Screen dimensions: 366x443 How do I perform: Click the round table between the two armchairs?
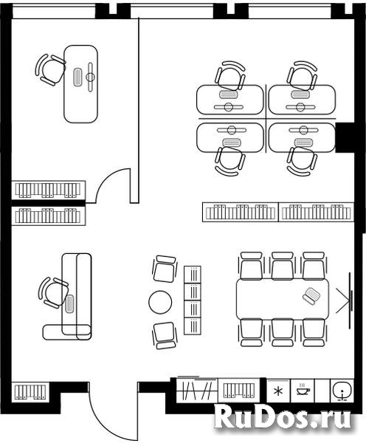tap(160, 302)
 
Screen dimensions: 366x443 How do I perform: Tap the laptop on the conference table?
tap(311, 296)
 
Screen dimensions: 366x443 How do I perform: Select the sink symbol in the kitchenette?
tap(342, 391)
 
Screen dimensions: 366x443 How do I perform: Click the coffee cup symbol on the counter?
tap(303, 390)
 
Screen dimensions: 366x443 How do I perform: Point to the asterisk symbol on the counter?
tap(278, 391)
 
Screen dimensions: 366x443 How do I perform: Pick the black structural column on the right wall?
tap(345, 138)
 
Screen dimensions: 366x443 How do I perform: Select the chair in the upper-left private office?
tap(50, 70)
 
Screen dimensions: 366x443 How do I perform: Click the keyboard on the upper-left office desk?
tap(77, 77)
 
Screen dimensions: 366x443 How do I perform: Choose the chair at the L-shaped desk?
tap(53, 292)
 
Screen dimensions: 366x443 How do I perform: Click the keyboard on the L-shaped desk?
tap(69, 303)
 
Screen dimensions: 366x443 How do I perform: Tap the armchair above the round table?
tap(165, 269)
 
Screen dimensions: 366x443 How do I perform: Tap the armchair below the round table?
tap(165, 336)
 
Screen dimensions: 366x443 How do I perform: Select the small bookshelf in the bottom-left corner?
tap(30, 391)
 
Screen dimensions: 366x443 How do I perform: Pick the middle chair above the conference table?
tap(283, 266)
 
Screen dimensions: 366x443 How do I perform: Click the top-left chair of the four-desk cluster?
tap(230, 75)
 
